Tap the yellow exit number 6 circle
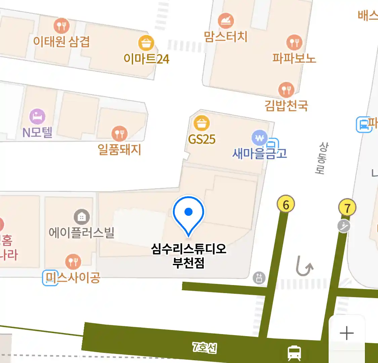286,204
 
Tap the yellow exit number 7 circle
347,208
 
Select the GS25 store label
202,139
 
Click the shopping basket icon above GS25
202,123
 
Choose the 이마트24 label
146,59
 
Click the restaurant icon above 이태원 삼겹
61,25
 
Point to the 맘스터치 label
226,36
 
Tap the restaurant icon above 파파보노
294,42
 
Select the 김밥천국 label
286,106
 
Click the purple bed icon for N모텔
37,117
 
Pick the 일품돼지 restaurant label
119,149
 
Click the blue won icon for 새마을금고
260,138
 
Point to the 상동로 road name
322,158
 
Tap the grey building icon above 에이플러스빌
82,217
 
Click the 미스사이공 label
73,278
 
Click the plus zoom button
347,333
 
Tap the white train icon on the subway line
294,353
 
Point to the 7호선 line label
204,347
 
